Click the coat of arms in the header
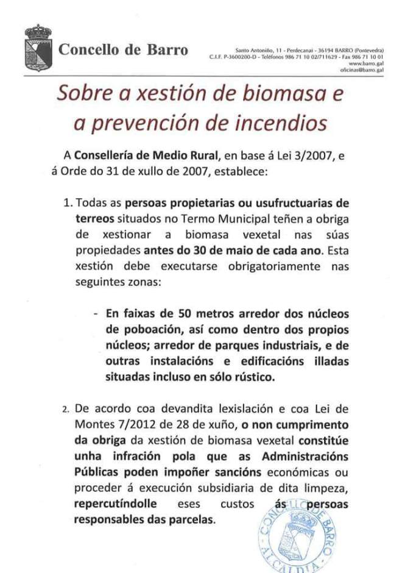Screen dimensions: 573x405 [x=38, y=48]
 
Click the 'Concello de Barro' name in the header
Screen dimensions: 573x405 [x=123, y=50]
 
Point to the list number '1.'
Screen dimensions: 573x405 [x=68, y=202]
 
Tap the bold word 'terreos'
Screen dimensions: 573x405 [x=95, y=218]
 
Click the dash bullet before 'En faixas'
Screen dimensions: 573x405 [x=97, y=315]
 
